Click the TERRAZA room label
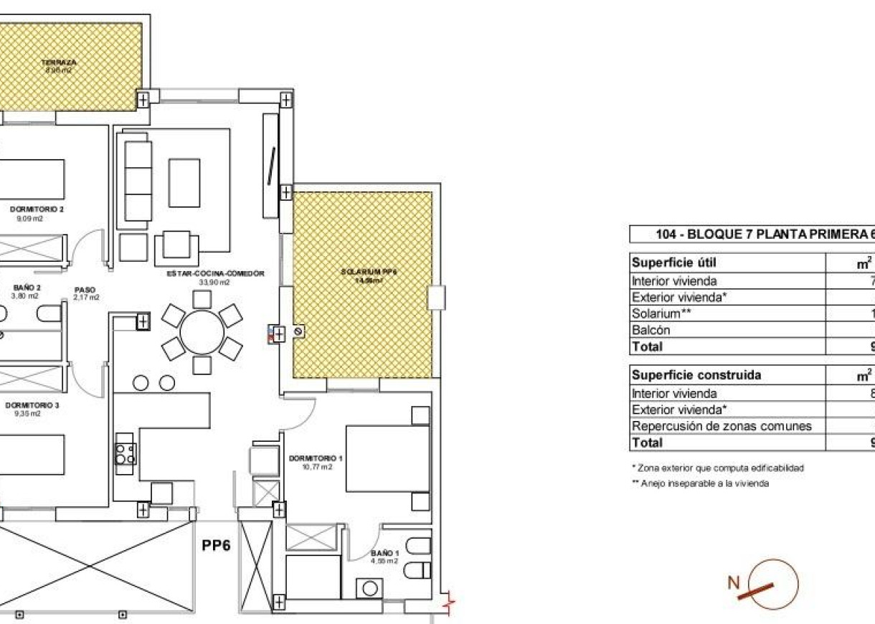(x=64, y=62)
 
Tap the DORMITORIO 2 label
(x=37, y=209)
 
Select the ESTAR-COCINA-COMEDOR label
(x=216, y=273)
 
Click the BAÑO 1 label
(x=384, y=553)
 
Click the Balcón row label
(x=651, y=330)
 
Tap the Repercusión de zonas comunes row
(x=721, y=426)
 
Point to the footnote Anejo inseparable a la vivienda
(x=700, y=483)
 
